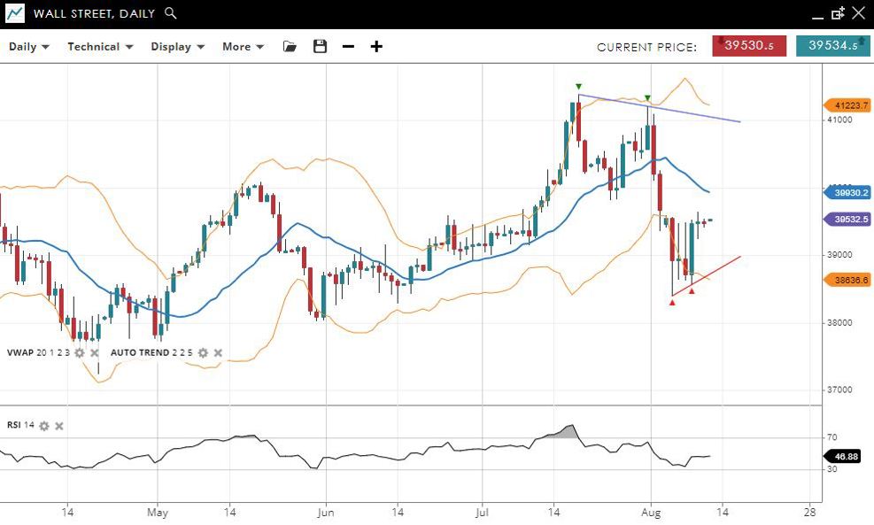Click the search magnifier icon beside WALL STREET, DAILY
(171, 13)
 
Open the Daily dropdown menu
(29, 47)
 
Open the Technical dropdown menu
(100, 47)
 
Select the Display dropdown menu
(177, 47)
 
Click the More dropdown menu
(243, 47)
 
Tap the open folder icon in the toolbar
(290, 47)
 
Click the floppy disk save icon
(320, 47)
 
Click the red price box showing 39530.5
(749, 46)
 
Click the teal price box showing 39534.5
(832, 46)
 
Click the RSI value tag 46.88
(848, 457)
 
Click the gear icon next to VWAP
(80, 352)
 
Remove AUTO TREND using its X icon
(218, 352)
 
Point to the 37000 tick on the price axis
(839, 390)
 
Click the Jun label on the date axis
(325, 512)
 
